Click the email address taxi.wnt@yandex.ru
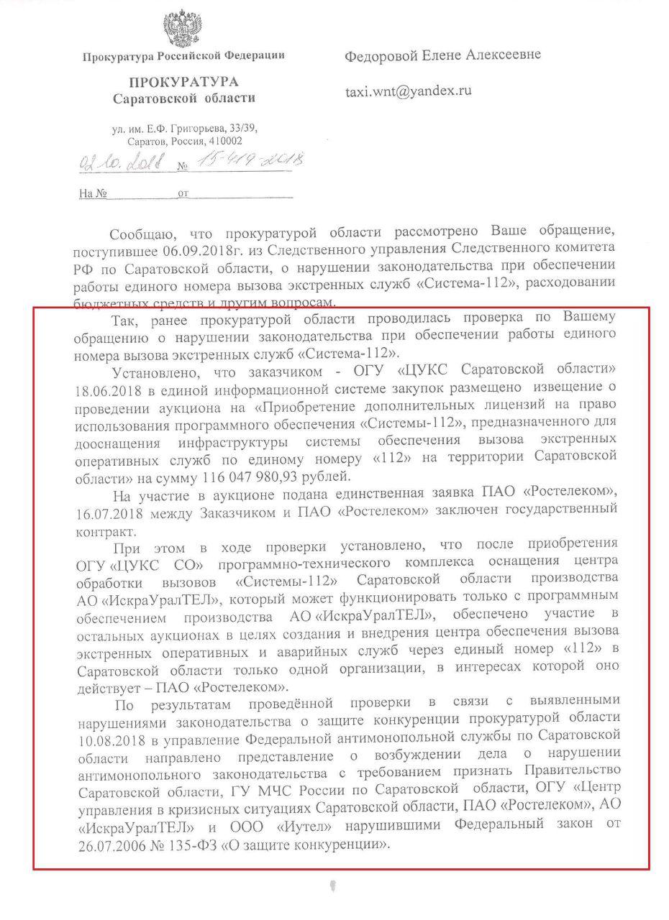tap(409, 91)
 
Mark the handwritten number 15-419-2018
tap(247, 160)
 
